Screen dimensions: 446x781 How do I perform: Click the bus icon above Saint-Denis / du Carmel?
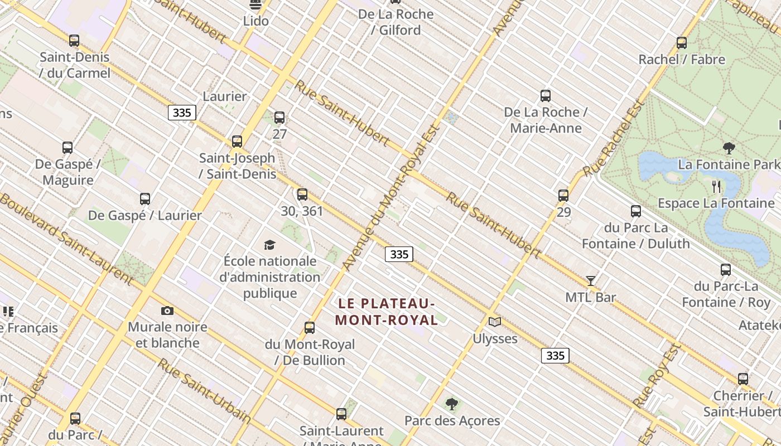point(74,41)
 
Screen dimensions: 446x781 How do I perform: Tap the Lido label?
point(256,21)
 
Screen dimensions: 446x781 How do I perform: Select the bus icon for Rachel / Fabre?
point(681,43)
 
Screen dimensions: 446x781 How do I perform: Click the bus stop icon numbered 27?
point(279,118)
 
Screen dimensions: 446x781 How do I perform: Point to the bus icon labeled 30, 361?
point(302,195)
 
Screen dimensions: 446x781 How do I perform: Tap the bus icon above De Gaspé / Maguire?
point(68,148)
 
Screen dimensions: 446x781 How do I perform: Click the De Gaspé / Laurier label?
point(145,215)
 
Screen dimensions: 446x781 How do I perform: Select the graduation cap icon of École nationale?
point(270,245)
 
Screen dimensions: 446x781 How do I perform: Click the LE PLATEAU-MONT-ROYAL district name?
point(387,312)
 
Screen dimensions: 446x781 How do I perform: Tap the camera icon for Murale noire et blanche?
point(167,311)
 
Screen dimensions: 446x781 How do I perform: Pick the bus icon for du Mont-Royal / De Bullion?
point(310,328)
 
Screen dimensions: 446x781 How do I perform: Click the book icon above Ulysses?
point(495,322)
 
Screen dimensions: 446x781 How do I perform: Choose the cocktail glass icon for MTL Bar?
point(591,281)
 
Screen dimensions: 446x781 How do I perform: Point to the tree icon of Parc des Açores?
point(452,404)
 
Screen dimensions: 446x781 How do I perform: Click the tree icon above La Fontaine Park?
point(729,148)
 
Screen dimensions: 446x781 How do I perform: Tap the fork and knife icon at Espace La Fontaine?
point(716,187)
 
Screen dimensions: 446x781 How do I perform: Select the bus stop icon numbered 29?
point(563,196)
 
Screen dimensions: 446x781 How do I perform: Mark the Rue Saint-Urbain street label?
point(204,390)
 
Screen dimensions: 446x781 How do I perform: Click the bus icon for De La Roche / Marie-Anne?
point(546,96)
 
